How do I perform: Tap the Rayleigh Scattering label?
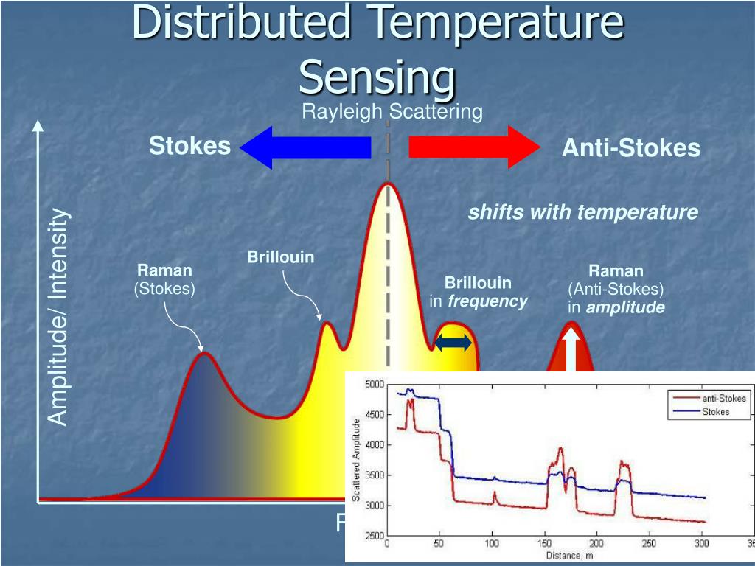(392, 112)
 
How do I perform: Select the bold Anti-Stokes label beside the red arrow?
(630, 148)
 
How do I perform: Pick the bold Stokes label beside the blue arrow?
(189, 146)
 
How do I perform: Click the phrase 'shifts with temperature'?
(582, 212)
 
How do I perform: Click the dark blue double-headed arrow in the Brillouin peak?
(453, 342)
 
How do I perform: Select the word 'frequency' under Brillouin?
(487, 301)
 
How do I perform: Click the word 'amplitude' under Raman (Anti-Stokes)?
(625, 307)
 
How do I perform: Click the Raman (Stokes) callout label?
(164, 279)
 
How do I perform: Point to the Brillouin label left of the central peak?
(280, 257)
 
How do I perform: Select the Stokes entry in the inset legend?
(714, 411)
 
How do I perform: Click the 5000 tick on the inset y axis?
(374, 385)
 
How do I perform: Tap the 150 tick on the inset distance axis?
(543, 544)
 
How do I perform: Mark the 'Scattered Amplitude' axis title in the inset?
(357, 460)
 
